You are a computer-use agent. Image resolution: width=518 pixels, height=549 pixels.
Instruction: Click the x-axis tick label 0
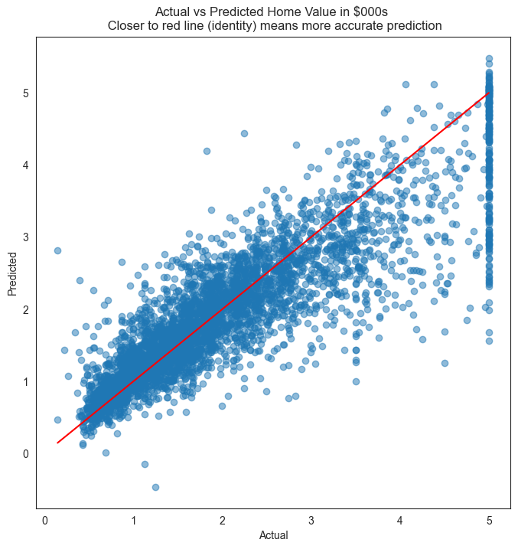coord(44,521)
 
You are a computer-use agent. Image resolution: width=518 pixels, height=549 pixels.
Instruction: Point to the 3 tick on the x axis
coord(311,521)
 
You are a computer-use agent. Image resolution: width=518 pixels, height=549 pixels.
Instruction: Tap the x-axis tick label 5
coord(489,521)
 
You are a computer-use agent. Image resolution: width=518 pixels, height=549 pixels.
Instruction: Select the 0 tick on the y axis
coord(26,454)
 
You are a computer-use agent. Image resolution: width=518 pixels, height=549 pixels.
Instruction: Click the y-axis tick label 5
coord(26,93)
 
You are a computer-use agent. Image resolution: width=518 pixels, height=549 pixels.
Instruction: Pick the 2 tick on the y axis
coord(26,310)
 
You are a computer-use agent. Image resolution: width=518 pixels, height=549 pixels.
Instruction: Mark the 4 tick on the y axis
coord(26,165)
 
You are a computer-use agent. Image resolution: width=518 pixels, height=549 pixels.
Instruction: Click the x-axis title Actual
coord(274,535)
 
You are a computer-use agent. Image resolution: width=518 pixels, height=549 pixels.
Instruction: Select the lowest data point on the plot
coord(155,487)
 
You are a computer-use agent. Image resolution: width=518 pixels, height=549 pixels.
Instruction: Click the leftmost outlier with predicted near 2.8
coord(57,250)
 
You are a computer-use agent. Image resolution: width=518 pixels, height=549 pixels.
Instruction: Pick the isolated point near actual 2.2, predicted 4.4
coord(244,133)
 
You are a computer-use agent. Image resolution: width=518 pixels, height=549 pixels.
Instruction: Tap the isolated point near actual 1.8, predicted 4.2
coord(207,151)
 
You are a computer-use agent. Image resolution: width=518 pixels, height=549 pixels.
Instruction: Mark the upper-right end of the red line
coord(489,93)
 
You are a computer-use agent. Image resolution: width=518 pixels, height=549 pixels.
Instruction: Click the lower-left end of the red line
coord(57,443)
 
